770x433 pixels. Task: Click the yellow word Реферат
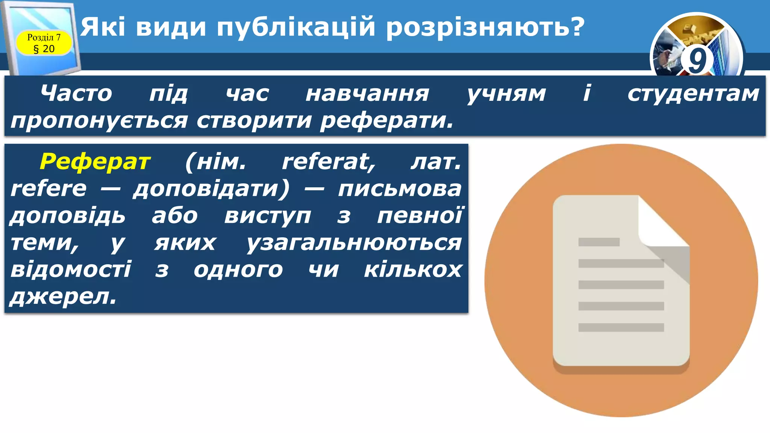(95, 162)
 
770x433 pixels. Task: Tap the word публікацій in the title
(296, 27)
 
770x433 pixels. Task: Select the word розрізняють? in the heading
(485, 27)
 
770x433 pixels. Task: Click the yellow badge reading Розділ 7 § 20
(44, 43)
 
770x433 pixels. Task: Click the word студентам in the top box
(693, 94)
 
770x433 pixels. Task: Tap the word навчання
(367, 94)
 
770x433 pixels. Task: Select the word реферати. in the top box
(387, 121)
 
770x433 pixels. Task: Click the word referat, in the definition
(329, 162)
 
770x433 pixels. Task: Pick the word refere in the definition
(49, 189)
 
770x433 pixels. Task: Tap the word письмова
(400, 189)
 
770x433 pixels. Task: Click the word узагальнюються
(354, 243)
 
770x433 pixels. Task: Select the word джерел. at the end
(63, 297)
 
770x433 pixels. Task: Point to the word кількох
(413, 270)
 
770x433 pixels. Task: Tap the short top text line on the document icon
(599, 242)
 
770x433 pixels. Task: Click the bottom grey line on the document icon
(621, 327)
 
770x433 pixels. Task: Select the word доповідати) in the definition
(211, 189)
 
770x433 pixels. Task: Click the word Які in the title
(103, 27)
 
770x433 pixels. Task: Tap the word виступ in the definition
(268, 216)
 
